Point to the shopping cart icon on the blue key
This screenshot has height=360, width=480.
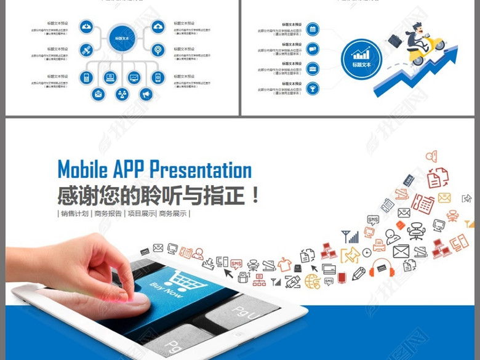(x=178, y=281)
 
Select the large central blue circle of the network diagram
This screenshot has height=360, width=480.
(x=121, y=38)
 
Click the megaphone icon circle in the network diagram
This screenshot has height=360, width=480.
(x=145, y=94)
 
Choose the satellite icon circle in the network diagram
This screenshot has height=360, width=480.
(x=86, y=49)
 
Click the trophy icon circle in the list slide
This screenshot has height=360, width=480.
(x=313, y=88)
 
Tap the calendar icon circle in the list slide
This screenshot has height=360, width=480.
(x=313, y=28)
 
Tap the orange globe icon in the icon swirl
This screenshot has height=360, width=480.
(x=312, y=281)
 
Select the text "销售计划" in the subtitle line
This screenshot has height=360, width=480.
(x=75, y=214)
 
